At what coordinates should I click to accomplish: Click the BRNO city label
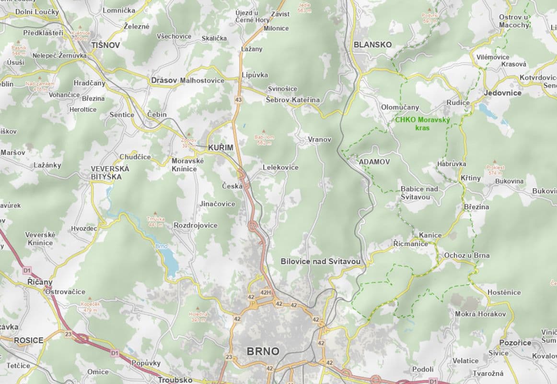263,351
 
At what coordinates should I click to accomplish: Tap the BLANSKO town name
372,45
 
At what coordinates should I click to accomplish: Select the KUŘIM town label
220,148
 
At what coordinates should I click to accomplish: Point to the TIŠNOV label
105,45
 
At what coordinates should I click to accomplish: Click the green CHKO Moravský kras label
422,124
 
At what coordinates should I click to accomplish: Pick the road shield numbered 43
238,99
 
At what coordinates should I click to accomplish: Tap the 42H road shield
266,292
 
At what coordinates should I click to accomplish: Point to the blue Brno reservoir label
161,246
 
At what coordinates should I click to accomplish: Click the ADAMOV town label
374,162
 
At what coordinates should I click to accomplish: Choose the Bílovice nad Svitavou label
320,262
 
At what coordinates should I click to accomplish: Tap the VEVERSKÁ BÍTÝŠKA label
110,173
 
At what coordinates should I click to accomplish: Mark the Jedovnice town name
503,93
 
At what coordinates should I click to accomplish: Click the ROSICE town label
28,340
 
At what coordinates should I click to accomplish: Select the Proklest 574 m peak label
496,169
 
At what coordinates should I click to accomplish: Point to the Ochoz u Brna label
466,255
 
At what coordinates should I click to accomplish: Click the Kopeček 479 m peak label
90,307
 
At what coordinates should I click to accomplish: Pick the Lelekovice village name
280,167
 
